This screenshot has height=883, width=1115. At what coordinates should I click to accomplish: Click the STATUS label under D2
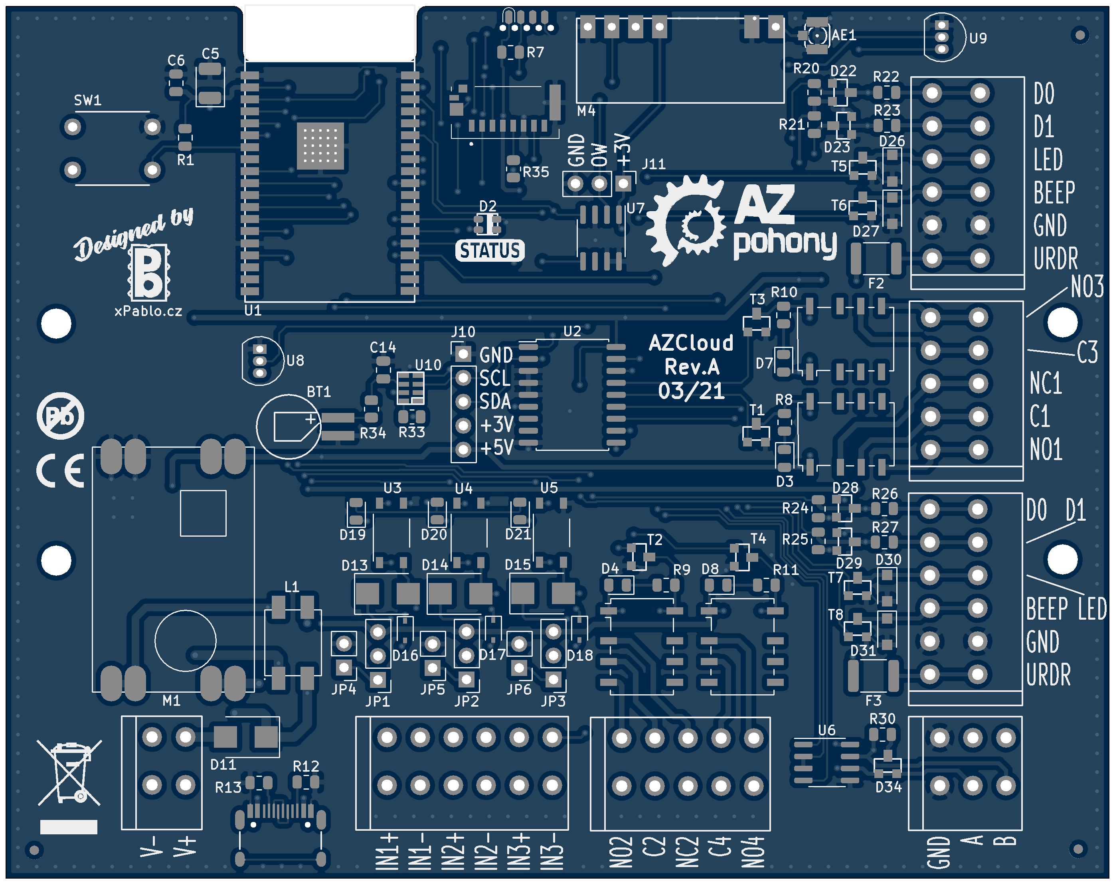490,250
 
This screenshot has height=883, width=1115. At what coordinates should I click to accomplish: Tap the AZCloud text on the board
691,343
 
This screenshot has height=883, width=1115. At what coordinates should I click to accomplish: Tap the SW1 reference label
87,100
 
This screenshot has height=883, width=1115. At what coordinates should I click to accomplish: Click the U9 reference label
977,38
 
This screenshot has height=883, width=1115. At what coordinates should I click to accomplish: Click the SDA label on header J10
495,402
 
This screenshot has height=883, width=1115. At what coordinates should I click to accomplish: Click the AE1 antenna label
844,35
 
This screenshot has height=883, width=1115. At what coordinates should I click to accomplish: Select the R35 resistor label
536,172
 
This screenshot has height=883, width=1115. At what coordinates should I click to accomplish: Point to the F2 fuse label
876,283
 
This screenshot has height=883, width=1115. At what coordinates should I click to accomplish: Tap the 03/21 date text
691,391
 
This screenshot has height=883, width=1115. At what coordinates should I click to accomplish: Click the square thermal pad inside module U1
320,146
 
